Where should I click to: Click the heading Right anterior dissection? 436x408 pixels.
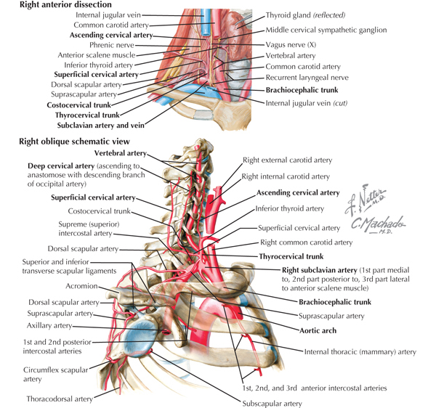coord(65,5)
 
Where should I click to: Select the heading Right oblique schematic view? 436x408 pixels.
coord(74,142)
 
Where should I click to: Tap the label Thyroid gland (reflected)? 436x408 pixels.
coord(305,15)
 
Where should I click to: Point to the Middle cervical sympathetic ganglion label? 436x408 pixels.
coord(326,30)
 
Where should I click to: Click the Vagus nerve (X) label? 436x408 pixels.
coord(291,45)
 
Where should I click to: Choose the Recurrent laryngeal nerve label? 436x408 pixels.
coord(307,78)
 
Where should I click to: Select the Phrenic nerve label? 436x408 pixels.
coord(112,45)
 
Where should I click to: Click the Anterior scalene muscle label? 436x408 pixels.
coord(97,55)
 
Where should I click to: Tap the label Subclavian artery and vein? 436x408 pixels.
coord(101,126)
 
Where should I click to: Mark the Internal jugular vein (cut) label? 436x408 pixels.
coord(307,103)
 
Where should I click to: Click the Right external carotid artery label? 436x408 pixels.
coord(288,160)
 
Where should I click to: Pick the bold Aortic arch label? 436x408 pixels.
coord(318,331)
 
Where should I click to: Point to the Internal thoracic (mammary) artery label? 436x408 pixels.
coord(360,352)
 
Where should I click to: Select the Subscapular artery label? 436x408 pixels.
coord(272,403)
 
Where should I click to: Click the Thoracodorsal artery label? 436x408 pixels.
coord(60,399)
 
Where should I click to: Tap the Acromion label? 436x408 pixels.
coord(81,286)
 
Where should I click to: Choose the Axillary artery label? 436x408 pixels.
coord(49,325)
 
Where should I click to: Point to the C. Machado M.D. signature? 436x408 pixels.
coord(378,224)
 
